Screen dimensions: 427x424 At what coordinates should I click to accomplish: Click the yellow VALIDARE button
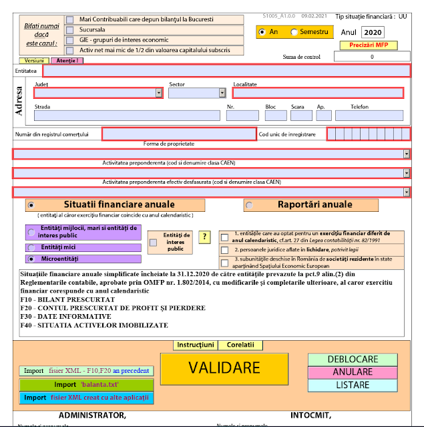[224, 368]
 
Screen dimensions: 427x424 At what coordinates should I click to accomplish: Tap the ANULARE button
[353, 372]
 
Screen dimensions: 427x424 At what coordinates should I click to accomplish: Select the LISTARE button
[353, 385]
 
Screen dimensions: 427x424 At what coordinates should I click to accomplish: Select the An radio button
[262, 32]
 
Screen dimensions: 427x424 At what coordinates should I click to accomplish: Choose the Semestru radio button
[294, 32]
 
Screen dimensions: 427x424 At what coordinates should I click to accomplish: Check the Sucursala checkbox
[70, 30]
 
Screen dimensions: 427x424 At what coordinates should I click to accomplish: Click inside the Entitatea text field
[226, 70]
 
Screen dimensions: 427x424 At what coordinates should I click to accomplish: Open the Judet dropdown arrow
[158, 93]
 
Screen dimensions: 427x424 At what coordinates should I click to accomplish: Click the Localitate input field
[318, 93]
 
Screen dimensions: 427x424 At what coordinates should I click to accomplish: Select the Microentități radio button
[31, 258]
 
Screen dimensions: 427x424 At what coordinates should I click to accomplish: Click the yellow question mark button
[204, 237]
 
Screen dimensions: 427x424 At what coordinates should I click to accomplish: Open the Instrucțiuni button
[196, 345]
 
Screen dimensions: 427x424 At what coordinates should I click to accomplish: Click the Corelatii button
[240, 345]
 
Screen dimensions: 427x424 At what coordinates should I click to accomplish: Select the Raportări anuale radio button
[250, 205]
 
